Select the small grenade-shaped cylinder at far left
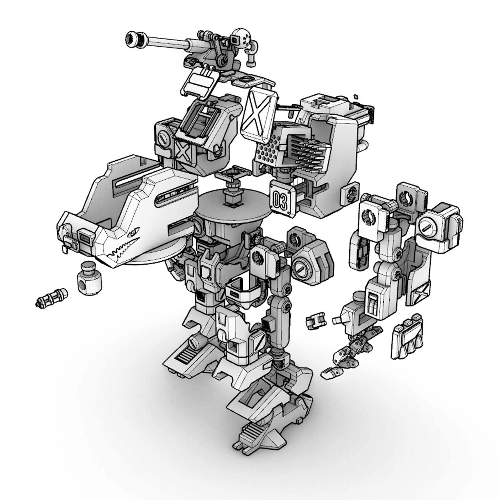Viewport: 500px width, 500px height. point(51,297)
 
